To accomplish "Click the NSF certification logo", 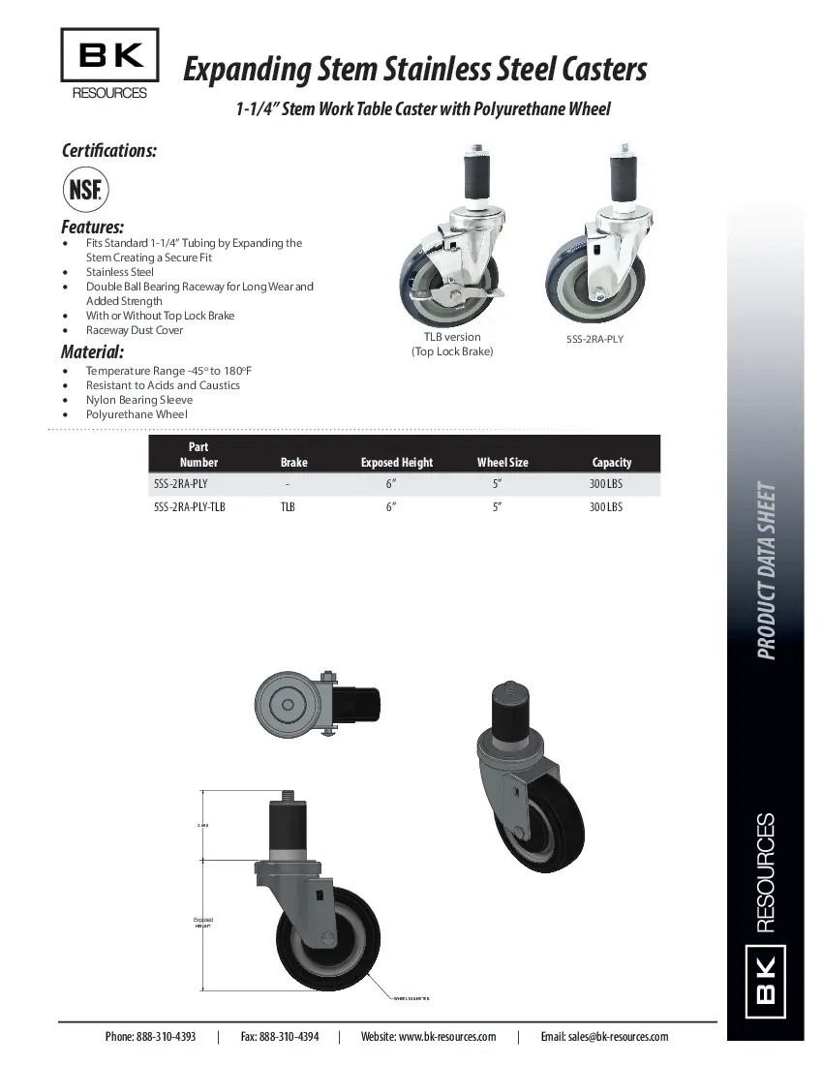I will point(85,189).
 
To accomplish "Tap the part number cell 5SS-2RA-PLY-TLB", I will point(190,506).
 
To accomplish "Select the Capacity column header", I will point(611,463).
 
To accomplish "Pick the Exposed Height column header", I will point(397,463).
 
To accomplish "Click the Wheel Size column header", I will point(503,463).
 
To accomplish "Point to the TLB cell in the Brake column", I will point(289,506).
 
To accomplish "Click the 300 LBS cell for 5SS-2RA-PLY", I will point(606,483).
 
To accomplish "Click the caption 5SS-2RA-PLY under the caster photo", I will point(595,340).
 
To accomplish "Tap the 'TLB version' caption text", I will point(452,337).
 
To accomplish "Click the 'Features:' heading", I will point(93,228).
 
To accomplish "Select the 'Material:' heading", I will point(92,351).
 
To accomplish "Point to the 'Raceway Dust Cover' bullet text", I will point(135,330).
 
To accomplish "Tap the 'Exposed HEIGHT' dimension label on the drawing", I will point(202,922).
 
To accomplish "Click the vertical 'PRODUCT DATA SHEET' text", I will point(766,570).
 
